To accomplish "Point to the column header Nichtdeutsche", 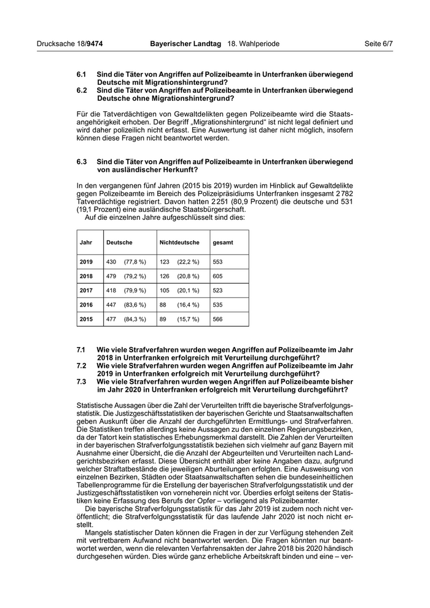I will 176,243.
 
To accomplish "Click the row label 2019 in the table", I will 86,262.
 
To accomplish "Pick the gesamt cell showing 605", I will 217,276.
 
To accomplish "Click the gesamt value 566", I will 217,319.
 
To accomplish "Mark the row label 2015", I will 86,319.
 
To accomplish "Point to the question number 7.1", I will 82,349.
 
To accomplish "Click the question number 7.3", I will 82,381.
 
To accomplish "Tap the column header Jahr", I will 86,243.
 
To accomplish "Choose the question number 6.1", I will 82,74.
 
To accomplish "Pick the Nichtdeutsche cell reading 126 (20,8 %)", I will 175,276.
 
